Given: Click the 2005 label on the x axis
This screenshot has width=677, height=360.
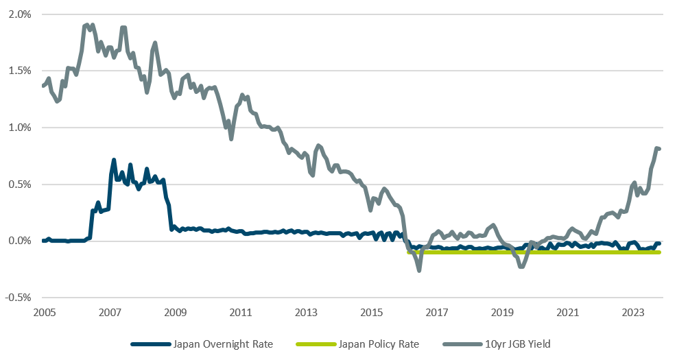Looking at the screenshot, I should coord(44,313).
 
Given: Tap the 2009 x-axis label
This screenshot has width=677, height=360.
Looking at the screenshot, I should coord(175,313).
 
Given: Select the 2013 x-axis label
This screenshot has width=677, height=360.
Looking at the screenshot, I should coord(306,313).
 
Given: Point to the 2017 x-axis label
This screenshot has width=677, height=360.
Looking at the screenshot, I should coord(437,313).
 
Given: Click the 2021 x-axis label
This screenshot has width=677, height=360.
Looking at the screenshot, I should coord(567,313).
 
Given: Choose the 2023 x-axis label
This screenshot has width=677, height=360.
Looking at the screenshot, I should coord(632,313).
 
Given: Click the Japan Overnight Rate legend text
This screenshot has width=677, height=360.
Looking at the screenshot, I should coord(223,344).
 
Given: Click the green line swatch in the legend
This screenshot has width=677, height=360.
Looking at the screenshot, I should coord(331,344).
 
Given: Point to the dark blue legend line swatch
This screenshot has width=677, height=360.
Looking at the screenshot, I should coord(149,344).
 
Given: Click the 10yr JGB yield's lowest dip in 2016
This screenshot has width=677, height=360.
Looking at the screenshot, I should coord(419,270).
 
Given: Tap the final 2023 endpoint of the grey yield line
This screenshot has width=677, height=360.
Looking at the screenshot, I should coord(658,149).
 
